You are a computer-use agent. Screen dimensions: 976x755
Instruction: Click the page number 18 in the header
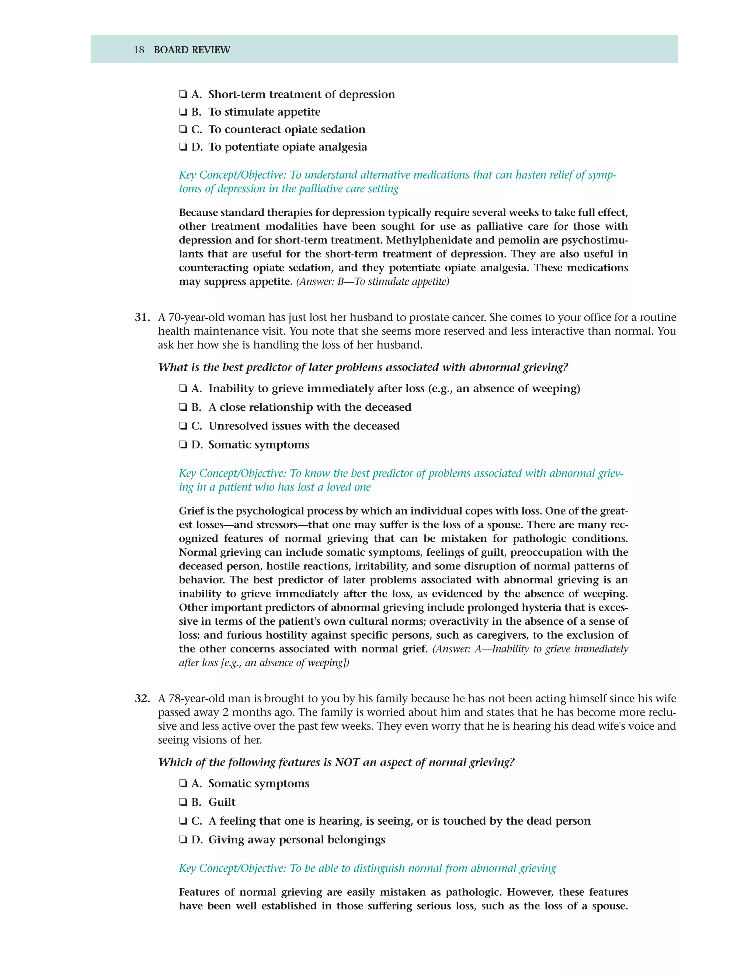pyautogui.click(x=139, y=50)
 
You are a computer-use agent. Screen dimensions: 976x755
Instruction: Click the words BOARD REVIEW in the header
pyautogui.click(x=192, y=50)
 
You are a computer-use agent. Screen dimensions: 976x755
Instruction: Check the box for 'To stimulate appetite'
pyautogui.click(x=182, y=112)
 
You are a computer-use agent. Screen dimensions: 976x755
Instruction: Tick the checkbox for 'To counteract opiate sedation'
pyautogui.click(x=182, y=130)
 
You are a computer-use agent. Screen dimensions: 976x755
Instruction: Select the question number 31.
pyautogui.click(x=142, y=317)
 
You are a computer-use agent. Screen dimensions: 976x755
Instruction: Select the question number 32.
pyautogui.click(x=142, y=698)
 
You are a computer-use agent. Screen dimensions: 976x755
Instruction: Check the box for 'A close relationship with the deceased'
pyautogui.click(x=182, y=408)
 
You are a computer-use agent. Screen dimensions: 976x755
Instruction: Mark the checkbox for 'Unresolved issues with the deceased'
pyautogui.click(x=182, y=426)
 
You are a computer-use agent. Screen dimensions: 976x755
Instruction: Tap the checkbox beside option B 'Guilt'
pyautogui.click(x=182, y=803)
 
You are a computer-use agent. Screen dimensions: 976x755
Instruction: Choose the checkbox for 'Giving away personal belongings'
pyautogui.click(x=182, y=840)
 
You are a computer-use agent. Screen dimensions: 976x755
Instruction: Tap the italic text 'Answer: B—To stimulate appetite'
pyautogui.click(x=373, y=281)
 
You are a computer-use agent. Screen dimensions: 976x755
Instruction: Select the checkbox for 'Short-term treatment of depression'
pyautogui.click(x=182, y=95)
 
